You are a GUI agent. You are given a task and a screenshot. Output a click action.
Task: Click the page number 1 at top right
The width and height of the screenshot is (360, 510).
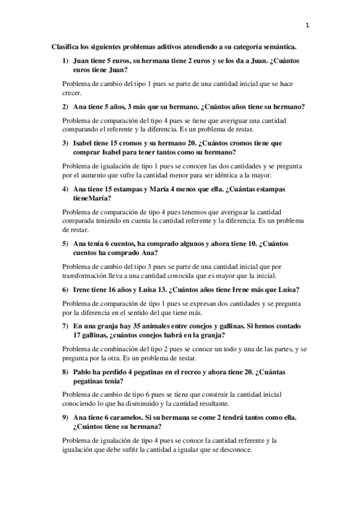tap(307, 25)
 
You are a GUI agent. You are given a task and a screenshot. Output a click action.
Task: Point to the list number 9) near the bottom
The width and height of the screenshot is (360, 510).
tap(65, 417)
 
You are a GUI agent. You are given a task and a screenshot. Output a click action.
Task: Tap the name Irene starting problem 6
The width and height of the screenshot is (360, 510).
tap(82, 289)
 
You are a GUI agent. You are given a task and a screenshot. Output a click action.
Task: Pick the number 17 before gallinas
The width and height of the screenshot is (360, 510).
tap(77, 335)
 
